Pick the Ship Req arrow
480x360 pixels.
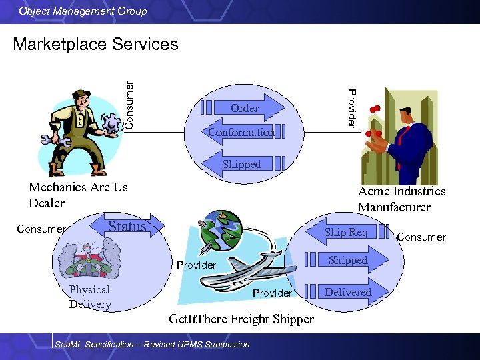(345, 232)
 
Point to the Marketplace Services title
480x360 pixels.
(95, 44)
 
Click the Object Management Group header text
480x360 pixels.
(83, 11)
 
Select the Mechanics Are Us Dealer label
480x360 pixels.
(78, 195)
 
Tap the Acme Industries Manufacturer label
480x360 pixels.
(401, 199)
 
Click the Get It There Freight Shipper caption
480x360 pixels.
(241, 319)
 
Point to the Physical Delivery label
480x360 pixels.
(90, 297)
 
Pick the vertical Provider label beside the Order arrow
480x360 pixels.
(352, 108)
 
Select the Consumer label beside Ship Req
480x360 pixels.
(421, 237)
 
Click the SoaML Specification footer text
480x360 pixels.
(153, 345)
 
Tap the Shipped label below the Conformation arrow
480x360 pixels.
(241, 164)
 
